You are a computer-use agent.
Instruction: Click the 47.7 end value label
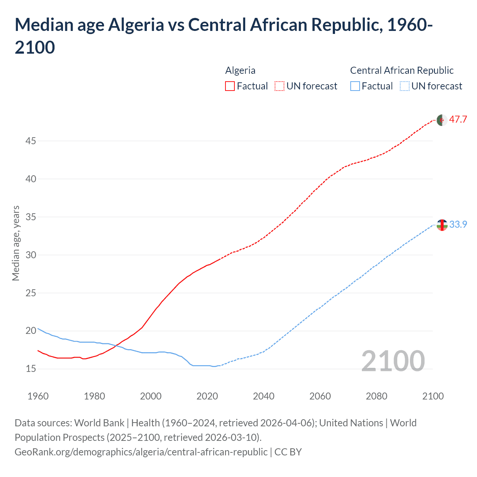(x=458, y=120)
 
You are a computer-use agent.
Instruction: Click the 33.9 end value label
(x=458, y=224)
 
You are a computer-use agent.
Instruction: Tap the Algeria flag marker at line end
(x=442, y=120)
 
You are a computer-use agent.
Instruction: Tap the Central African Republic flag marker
(x=442, y=225)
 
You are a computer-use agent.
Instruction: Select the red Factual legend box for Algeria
(x=230, y=86)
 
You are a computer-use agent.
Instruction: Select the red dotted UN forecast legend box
(x=279, y=86)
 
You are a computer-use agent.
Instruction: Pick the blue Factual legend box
(x=355, y=86)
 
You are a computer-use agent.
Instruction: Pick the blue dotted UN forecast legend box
(x=404, y=86)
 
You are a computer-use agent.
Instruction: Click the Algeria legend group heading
(x=240, y=70)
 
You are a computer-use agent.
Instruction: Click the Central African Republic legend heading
(x=402, y=70)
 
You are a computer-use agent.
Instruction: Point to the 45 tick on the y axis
(x=31, y=141)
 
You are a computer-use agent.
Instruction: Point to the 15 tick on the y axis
(x=31, y=369)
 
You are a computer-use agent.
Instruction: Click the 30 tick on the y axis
(x=31, y=255)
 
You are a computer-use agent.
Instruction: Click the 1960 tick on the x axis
(x=38, y=396)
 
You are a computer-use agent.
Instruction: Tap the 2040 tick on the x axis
(x=263, y=396)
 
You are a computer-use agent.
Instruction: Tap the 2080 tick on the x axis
(x=376, y=396)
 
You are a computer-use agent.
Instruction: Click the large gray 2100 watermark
(x=393, y=361)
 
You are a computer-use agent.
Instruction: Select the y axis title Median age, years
(x=16, y=243)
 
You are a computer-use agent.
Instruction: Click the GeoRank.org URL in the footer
(x=141, y=452)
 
